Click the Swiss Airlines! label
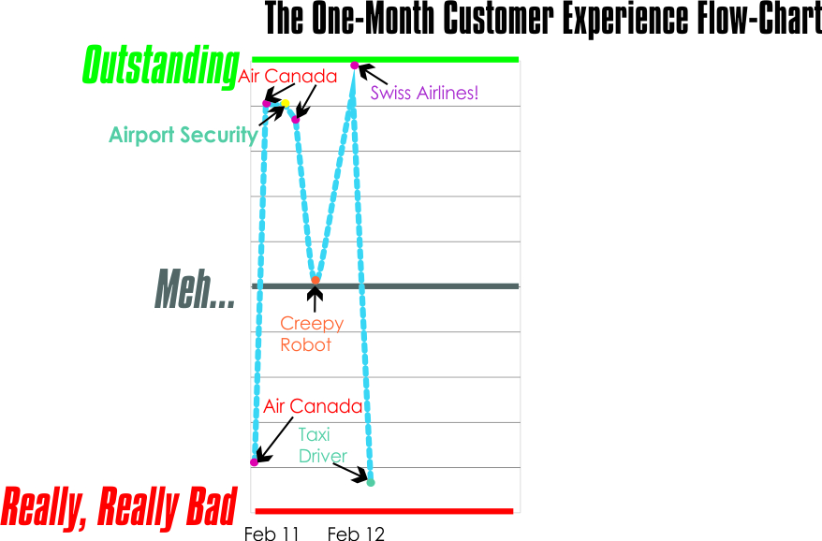point(424,93)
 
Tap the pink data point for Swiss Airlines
point(355,65)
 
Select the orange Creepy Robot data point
point(316,280)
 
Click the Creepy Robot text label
point(312,334)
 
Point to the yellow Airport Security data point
point(286,103)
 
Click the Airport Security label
point(183,135)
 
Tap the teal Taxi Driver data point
point(371,482)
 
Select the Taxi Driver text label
point(322,446)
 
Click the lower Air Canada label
point(313,406)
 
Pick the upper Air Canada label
point(287,76)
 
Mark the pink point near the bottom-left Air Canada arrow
point(255,461)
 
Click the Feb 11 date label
point(272,534)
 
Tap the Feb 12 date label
point(356,534)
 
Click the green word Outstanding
point(160,66)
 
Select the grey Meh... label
point(195,289)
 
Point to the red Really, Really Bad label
point(120,506)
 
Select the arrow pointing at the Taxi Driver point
point(351,472)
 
